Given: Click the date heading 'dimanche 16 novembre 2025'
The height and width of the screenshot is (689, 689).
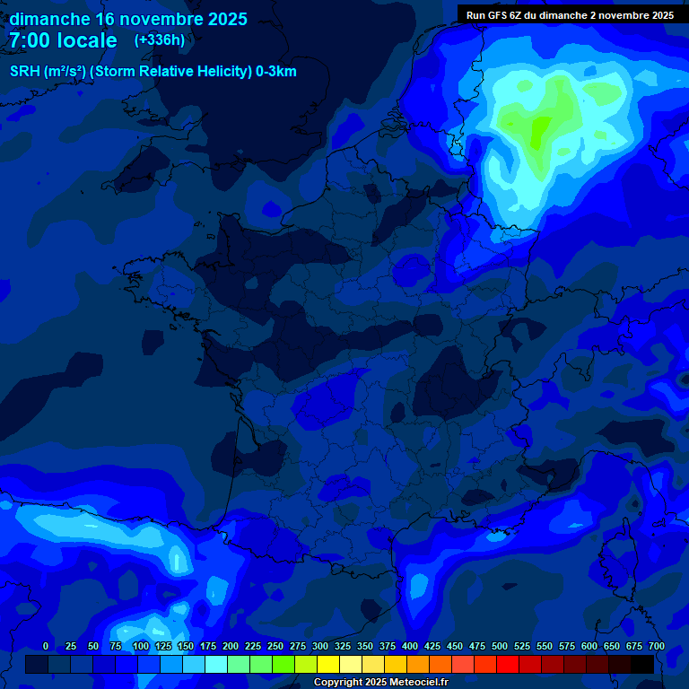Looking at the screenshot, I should point(128,19).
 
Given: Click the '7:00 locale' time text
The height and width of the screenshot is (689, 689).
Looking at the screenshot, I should point(63,40).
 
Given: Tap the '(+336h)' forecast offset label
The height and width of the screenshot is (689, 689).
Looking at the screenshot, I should point(159,40).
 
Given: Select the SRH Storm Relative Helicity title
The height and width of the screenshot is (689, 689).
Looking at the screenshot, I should point(153,72).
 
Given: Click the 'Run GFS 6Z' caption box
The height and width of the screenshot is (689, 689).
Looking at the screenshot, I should point(570,15).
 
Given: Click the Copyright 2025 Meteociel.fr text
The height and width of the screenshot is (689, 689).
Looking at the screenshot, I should point(380,682).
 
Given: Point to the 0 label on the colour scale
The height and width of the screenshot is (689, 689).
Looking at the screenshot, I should point(46,646).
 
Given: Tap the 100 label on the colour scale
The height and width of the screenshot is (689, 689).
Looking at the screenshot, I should point(140,646).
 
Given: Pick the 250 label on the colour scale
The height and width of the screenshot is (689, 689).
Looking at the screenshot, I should point(275,646).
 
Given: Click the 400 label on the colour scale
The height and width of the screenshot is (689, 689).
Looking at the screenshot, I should point(409,646).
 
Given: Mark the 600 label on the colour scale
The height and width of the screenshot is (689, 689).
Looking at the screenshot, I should point(589,646).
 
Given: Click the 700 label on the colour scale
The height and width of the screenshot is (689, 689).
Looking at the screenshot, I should point(656,646).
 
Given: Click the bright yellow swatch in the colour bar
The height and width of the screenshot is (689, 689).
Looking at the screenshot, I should point(328,665).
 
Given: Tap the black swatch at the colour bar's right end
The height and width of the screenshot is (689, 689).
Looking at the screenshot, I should point(642,665).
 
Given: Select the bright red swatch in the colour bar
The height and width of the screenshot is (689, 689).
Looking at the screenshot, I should point(508,665).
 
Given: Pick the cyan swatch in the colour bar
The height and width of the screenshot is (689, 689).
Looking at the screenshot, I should point(216,665).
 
